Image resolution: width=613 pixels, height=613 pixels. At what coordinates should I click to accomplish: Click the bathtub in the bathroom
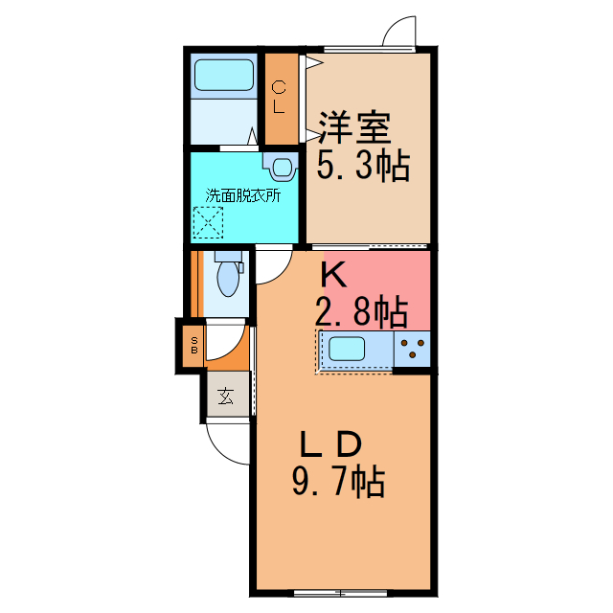(224, 75)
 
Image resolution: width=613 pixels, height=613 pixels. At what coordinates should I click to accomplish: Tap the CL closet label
(279, 97)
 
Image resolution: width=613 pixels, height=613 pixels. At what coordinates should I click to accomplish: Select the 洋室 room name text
(355, 127)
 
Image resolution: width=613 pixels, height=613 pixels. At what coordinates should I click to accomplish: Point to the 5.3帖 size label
(363, 166)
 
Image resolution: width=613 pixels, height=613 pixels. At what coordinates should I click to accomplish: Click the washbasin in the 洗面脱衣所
(281, 167)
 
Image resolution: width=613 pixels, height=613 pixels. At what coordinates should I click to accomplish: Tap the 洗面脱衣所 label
(242, 195)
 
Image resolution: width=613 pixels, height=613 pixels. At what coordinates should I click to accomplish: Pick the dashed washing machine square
(209, 223)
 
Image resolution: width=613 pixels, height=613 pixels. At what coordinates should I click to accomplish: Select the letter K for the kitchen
(333, 275)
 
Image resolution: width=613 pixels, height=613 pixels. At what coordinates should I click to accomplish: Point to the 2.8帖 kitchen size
(362, 312)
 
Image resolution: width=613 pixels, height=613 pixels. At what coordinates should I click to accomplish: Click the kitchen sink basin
(347, 349)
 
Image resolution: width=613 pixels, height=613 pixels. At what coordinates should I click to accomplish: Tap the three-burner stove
(412, 349)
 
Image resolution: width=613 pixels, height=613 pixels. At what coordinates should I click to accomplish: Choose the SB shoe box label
(194, 346)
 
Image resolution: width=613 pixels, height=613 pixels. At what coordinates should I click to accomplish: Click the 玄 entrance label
(226, 396)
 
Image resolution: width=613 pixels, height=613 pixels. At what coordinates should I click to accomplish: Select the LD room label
(330, 444)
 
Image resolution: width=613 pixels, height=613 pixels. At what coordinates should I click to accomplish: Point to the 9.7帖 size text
(338, 483)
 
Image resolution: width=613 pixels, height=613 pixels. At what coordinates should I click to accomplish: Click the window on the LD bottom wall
(341, 594)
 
